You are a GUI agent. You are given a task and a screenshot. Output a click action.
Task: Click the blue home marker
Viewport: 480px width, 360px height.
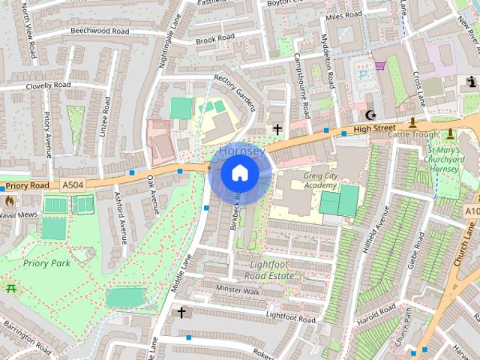click(240, 173)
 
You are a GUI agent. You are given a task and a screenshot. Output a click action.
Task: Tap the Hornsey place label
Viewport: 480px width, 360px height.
click(241, 151)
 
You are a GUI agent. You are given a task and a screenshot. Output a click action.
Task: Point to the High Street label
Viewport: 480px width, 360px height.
click(373, 129)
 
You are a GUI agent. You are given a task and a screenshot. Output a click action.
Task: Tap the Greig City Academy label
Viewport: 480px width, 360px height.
click(310, 181)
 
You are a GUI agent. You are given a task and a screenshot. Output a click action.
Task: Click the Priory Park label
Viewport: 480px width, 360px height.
click(46, 263)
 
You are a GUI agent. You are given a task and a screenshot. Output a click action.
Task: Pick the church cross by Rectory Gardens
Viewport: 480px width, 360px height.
click(277, 129)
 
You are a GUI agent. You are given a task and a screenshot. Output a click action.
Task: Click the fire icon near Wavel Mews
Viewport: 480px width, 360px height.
click(10, 201)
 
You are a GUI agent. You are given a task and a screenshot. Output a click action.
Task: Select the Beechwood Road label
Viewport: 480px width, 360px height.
click(99, 31)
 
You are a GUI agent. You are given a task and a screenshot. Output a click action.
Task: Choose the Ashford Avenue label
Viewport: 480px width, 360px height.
click(118, 210)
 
